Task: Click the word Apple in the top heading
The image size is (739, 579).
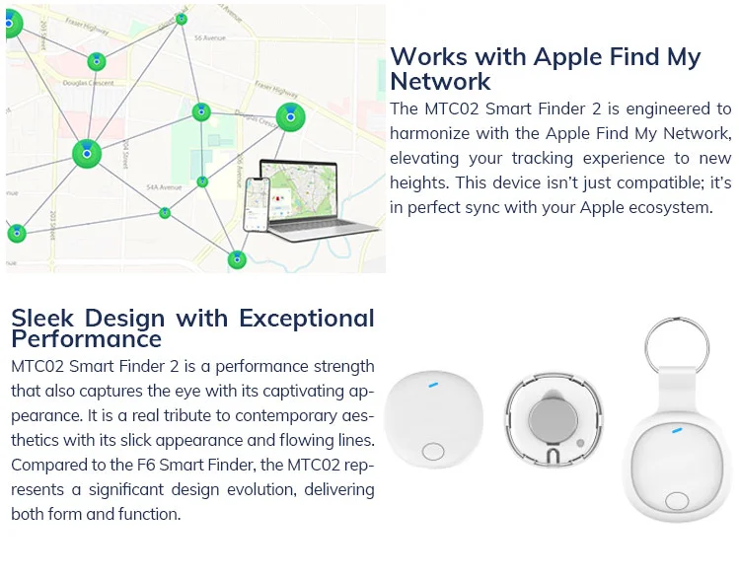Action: (566, 56)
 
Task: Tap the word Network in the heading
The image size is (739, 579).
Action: (440, 81)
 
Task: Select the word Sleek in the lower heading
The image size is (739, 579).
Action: (43, 319)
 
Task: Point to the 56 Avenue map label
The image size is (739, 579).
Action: (210, 37)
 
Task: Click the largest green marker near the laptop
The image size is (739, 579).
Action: (289, 117)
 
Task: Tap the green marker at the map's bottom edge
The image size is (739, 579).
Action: (237, 259)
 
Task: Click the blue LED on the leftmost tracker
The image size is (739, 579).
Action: (435, 383)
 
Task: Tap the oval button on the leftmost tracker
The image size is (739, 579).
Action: (433, 452)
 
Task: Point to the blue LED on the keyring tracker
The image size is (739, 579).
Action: (677, 431)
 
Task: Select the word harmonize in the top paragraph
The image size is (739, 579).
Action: (437, 133)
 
